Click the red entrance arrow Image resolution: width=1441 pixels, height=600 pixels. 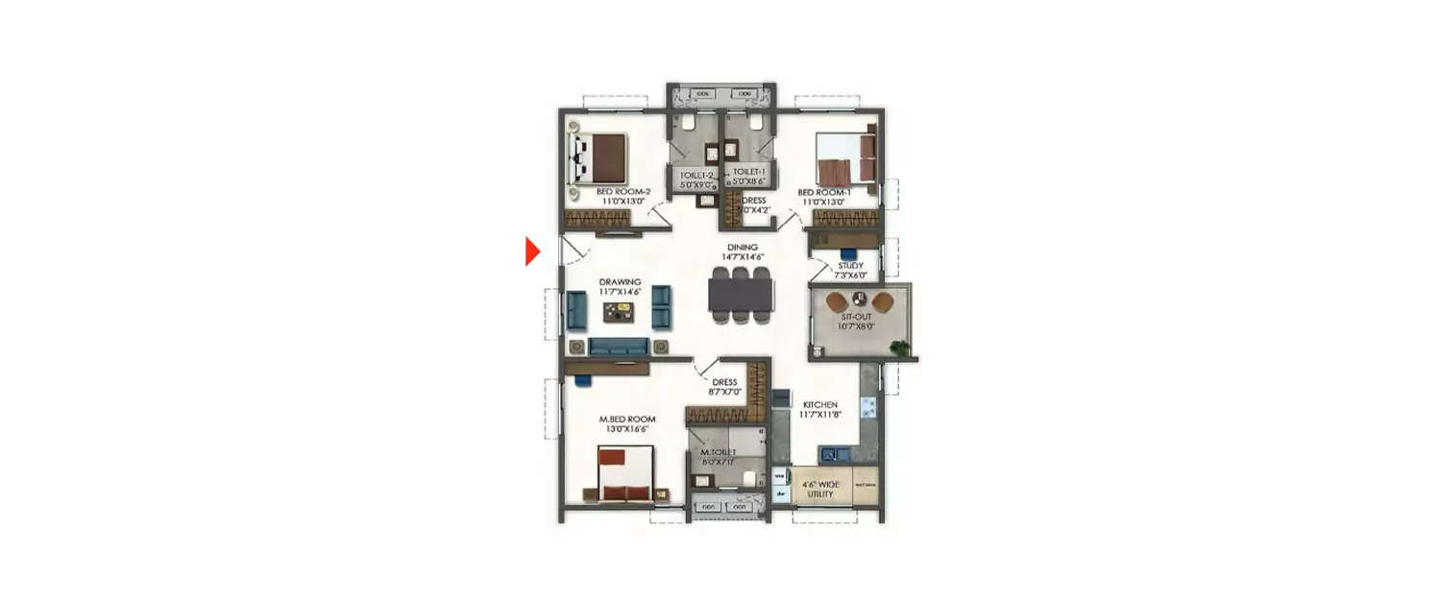[x=532, y=252]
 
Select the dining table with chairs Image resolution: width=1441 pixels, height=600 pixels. [x=741, y=295]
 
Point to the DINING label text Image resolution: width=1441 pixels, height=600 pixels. [x=741, y=247]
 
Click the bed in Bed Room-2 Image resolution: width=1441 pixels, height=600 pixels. [x=601, y=158]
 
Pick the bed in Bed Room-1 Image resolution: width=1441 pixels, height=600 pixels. [x=846, y=159]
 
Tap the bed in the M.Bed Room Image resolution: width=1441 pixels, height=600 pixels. [x=625, y=476]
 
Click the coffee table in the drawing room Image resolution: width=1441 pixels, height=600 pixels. [x=619, y=312]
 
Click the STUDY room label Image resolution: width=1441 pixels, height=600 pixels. [x=850, y=265]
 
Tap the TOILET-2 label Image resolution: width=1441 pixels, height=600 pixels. [x=696, y=176]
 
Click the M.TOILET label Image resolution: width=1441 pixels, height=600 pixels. [x=718, y=452]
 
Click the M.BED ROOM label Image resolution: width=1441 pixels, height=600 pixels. [x=627, y=420]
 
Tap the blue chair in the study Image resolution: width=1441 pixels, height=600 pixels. [x=845, y=253]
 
